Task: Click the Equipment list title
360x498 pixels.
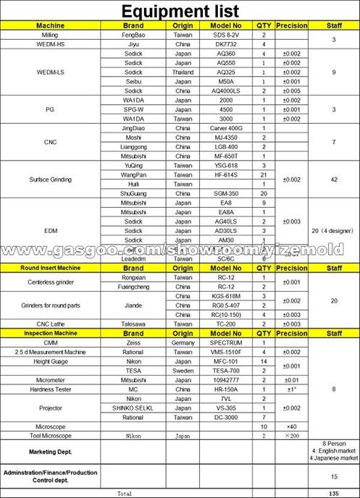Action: (x=180, y=11)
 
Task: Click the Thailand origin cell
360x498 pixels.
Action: (x=183, y=72)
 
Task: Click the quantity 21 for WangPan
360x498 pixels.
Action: (x=264, y=174)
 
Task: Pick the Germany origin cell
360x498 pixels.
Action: (x=183, y=342)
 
